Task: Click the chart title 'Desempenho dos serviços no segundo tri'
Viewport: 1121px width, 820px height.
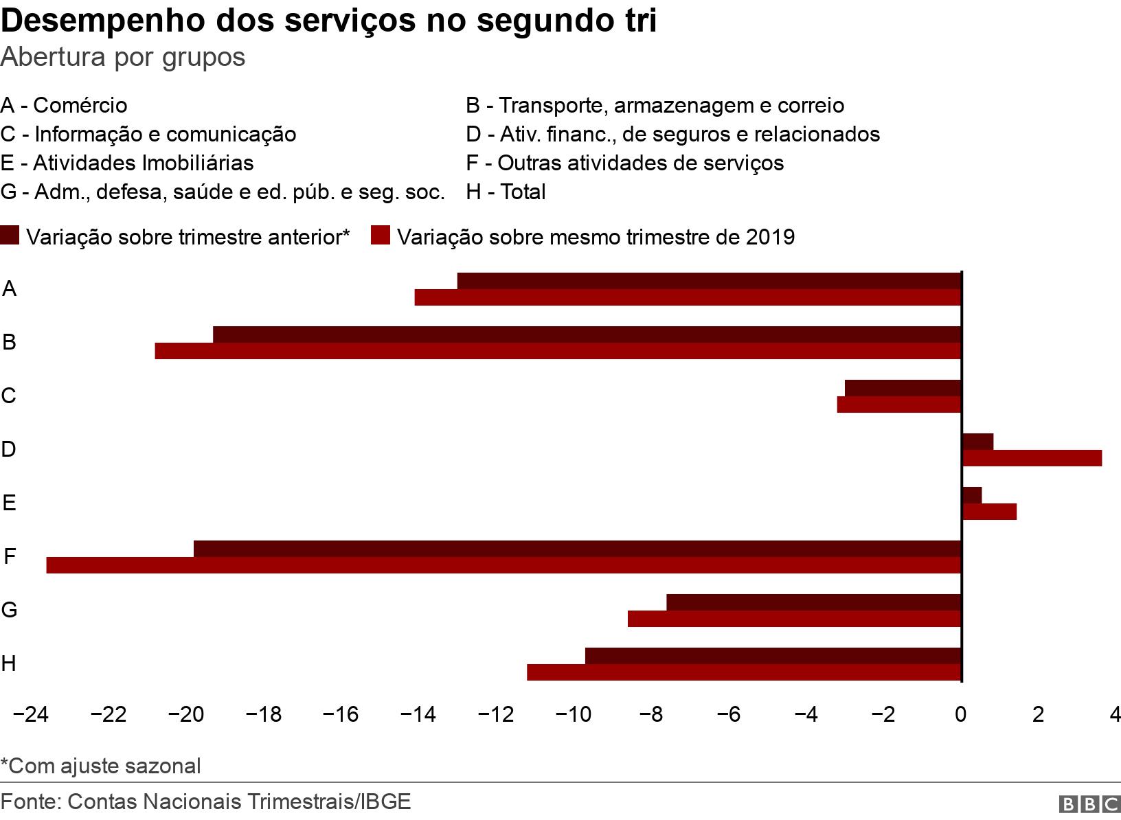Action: tap(328, 21)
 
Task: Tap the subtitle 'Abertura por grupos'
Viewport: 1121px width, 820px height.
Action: tap(123, 57)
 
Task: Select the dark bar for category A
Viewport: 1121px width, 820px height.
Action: tap(708, 281)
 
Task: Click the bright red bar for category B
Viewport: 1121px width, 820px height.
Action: tap(557, 351)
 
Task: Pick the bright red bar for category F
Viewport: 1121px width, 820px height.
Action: tap(503, 565)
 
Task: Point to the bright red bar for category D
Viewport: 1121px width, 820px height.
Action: tap(1032, 458)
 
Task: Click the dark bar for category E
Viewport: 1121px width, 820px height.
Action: tap(972, 495)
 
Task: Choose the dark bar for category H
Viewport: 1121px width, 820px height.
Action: tap(773, 656)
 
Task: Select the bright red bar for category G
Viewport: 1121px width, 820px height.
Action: tap(794, 619)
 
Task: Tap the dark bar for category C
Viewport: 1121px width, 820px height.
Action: tap(903, 388)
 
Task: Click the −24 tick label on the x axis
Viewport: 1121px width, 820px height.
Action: tap(30, 715)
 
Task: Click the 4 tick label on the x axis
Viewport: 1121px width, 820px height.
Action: tap(1114, 715)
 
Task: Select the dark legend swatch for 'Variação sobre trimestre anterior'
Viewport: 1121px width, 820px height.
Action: tap(10, 236)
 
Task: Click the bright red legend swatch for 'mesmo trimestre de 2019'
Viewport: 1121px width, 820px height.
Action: tap(381, 236)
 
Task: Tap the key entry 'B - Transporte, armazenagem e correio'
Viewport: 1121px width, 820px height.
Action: tap(655, 105)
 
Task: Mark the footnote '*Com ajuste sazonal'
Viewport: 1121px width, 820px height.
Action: tap(100, 766)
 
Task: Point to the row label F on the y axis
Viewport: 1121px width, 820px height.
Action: tap(10, 556)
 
